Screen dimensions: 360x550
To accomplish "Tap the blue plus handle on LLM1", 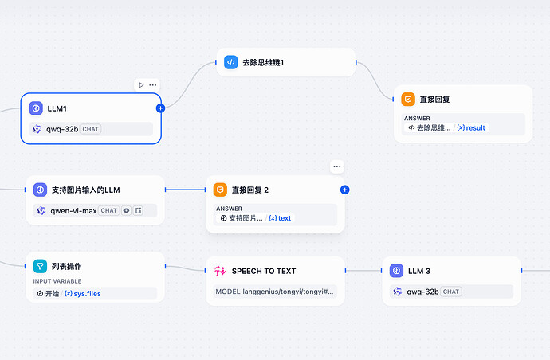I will pos(160,108).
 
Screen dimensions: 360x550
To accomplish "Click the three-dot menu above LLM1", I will pos(153,85).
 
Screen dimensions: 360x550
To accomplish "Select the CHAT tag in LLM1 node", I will pos(90,129).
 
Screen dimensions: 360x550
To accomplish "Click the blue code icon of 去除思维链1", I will pos(230,62).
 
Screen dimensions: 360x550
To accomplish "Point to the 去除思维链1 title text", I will pos(263,62).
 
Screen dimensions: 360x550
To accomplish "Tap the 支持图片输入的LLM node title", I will pos(85,190).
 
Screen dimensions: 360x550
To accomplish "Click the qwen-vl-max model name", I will pos(73,211).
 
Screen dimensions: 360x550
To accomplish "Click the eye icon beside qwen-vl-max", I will pos(126,211).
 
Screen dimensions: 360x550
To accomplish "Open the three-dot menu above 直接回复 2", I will pos(337,166).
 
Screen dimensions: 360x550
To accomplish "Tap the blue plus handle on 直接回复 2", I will pos(344,190).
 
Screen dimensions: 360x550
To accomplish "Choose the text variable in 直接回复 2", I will pos(280,218).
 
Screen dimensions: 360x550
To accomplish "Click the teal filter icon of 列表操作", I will pos(40,265).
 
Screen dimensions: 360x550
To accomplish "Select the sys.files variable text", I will pos(83,293).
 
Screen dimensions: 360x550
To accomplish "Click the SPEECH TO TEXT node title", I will pos(275,271).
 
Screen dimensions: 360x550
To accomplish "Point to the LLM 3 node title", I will pos(418,271).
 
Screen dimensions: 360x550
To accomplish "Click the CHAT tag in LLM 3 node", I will pos(451,292).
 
